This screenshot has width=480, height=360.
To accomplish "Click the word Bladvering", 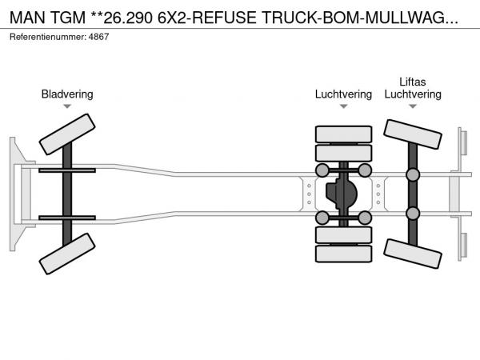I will coord(67,94).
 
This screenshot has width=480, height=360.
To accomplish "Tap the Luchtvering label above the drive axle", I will coord(343,94).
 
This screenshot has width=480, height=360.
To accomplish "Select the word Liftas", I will coord(413,82).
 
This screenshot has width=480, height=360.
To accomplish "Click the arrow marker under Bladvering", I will coord(67,106).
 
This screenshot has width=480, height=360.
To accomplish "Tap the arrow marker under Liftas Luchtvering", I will coord(413,106).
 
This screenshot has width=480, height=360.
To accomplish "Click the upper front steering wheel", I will coord(67,134).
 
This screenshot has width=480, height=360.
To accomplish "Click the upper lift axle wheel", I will coord(413,135).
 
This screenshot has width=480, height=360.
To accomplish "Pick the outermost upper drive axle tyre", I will coord(343,134).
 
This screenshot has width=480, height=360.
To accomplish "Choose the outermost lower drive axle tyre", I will coord(343,254).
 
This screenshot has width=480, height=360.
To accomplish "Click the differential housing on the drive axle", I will coord(343,194).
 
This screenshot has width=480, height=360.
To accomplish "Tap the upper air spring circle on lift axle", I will coord(413,175).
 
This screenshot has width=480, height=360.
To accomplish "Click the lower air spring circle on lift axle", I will coord(413,213).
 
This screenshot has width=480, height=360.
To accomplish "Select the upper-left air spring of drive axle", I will coord(322,170).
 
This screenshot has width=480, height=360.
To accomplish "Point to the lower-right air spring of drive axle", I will coord(364,218).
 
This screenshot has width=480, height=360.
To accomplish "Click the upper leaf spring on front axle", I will coord(67,170).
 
